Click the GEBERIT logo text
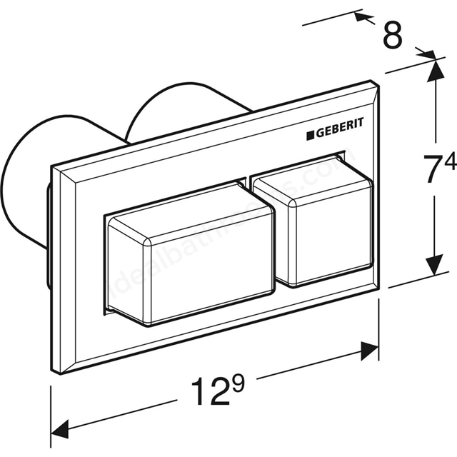(341, 129)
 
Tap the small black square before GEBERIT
(311, 134)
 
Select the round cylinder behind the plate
(179, 114)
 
